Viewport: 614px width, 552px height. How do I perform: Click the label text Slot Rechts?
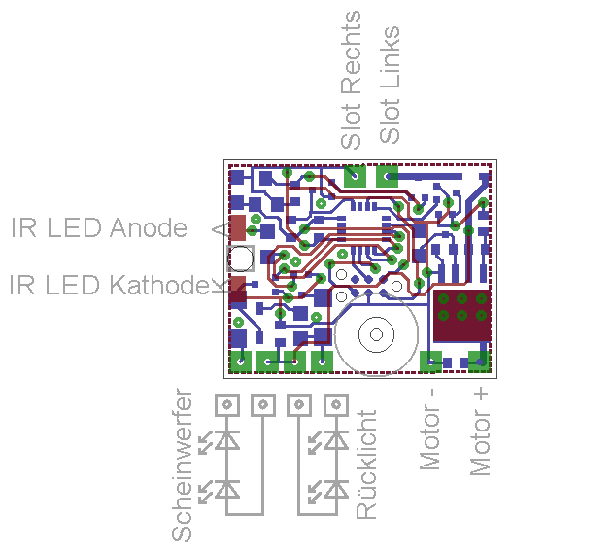click(351, 80)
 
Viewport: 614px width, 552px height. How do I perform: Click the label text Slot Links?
click(390, 85)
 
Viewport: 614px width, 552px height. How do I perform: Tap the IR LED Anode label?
click(99, 227)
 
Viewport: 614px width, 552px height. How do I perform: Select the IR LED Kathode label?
click(109, 285)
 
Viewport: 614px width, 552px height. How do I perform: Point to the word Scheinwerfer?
click(182, 466)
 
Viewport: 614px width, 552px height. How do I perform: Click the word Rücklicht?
click(366, 465)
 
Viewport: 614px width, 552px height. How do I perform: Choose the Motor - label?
click(429, 430)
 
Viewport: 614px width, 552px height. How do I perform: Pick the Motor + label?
click(480, 431)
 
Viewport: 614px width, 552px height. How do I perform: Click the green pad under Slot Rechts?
click(355, 176)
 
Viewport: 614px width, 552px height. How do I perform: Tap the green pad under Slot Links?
click(388, 176)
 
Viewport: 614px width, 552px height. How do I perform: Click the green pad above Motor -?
click(430, 362)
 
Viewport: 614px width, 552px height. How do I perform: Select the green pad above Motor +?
click(480, 362)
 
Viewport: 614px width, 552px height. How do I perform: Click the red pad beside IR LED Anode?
click(237, 227)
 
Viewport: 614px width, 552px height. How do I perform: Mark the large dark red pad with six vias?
click(462, 316)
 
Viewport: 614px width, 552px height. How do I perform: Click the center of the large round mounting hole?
click(376, 334)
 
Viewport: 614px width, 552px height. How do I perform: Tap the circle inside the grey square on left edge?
click(240, 259)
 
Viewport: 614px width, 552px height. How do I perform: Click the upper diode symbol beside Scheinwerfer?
click(227, 439)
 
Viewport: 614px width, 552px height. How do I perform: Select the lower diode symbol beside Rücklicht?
click(336, 489)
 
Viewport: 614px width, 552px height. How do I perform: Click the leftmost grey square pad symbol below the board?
click(227, 404)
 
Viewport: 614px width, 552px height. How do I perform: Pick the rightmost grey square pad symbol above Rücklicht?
click(336, 404)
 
